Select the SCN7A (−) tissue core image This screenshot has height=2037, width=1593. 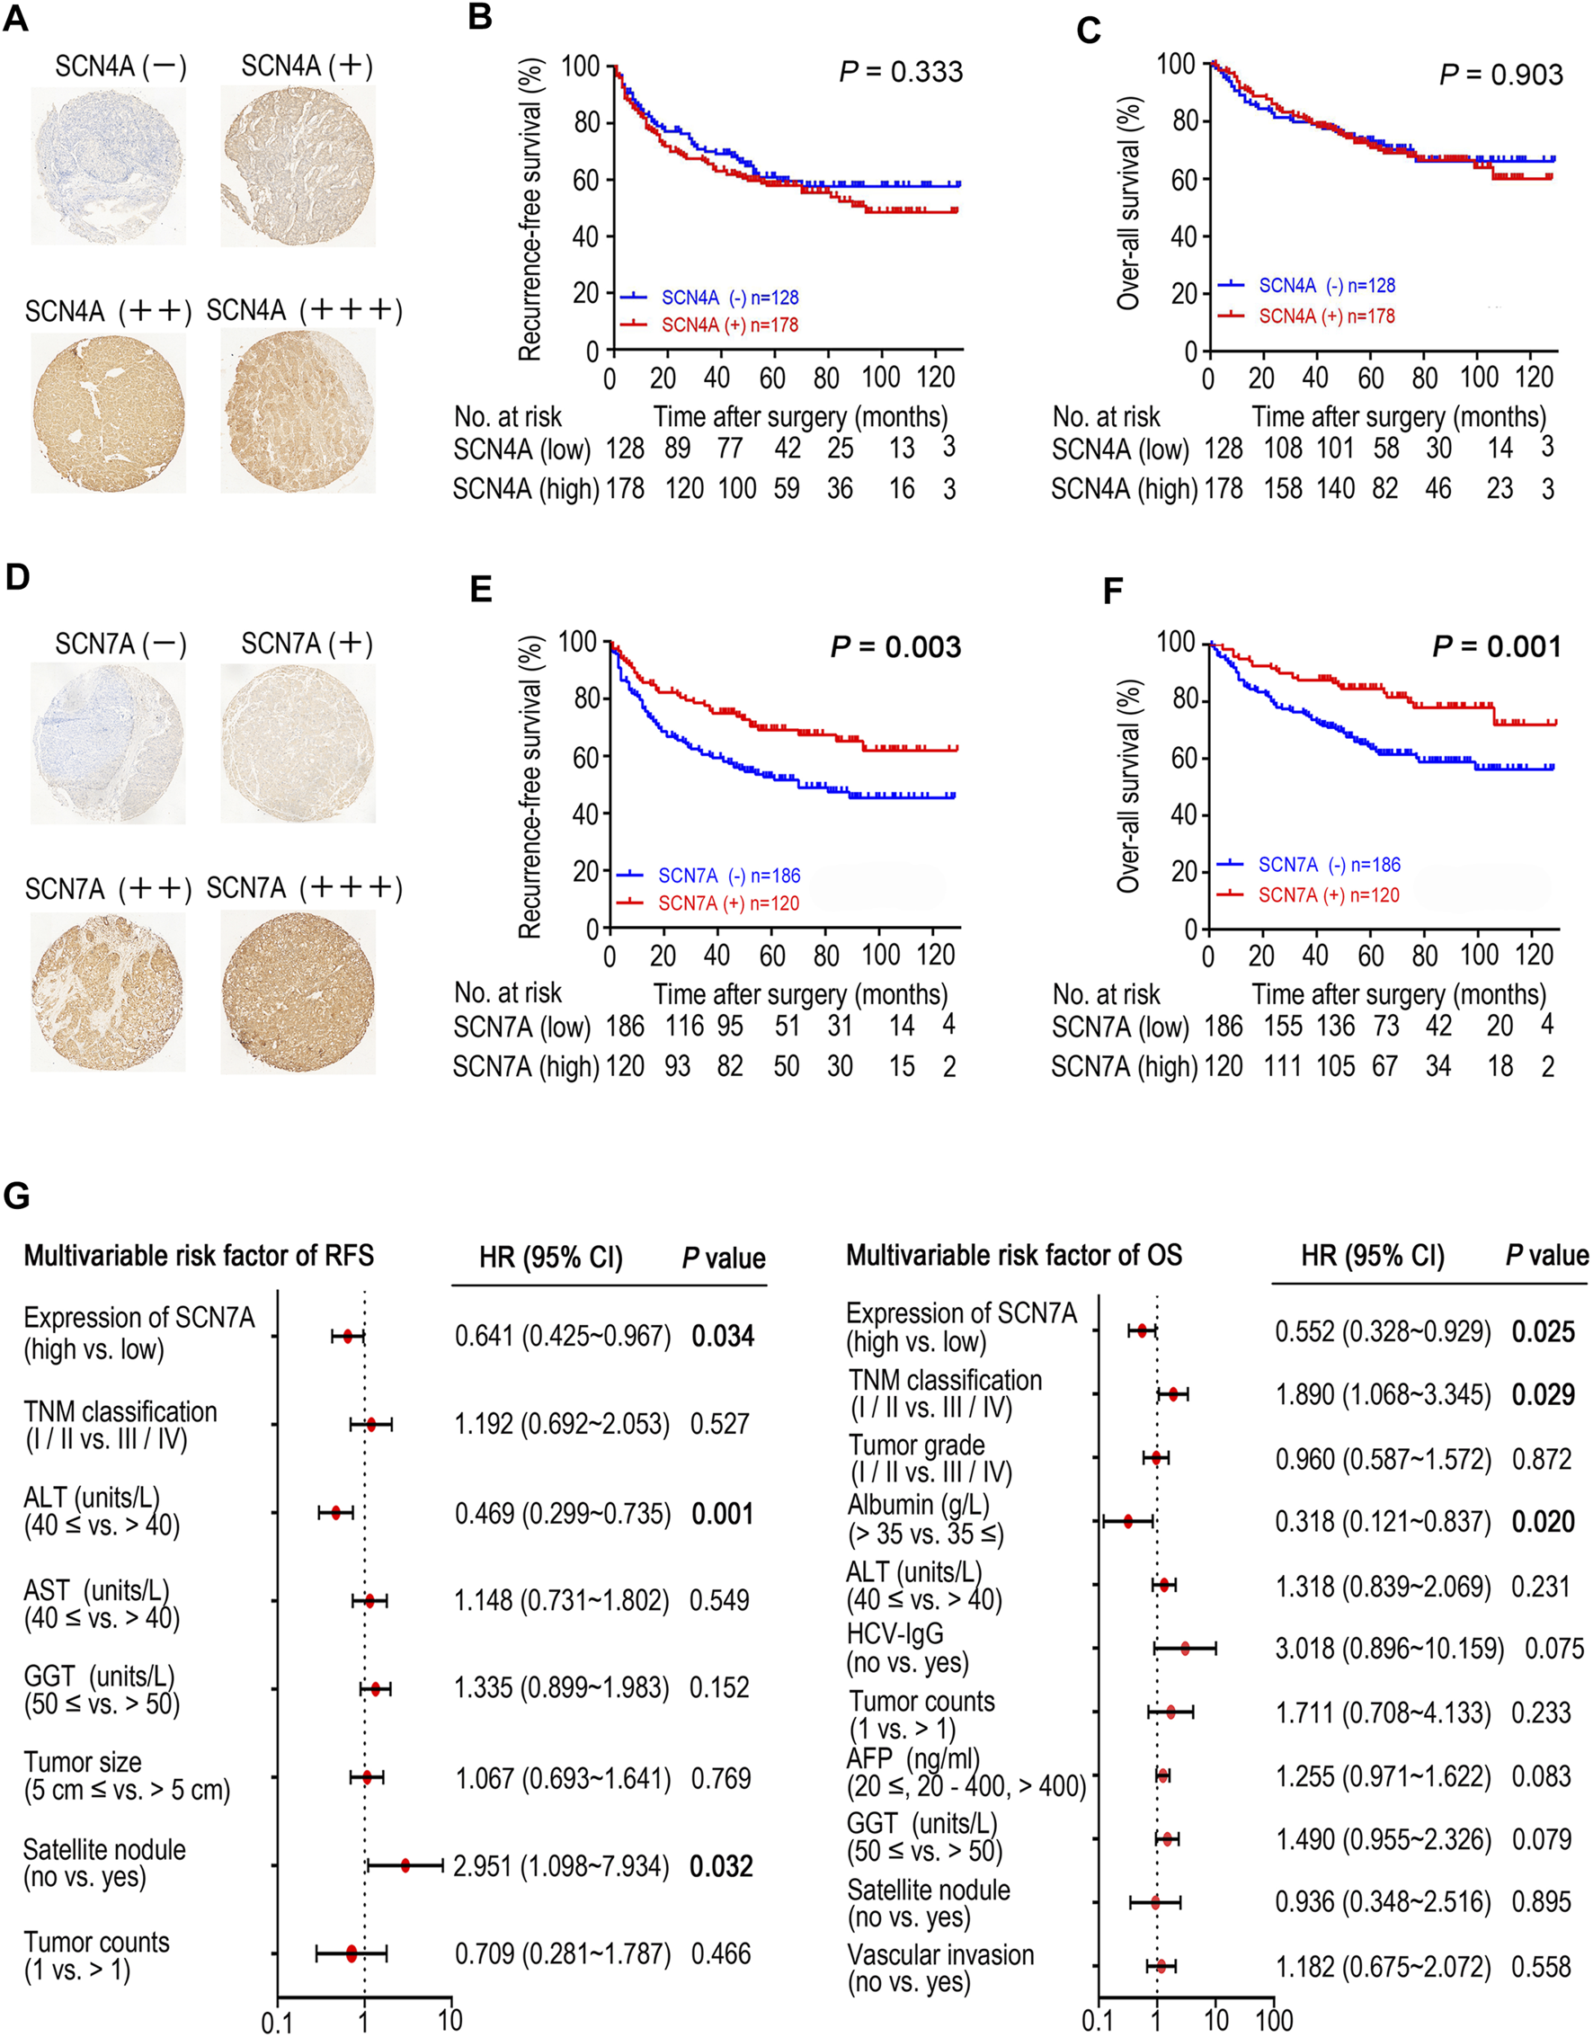(108, 744)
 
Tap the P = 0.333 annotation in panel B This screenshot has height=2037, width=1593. (901, 72)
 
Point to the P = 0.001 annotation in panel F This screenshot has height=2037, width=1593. (1496, 646)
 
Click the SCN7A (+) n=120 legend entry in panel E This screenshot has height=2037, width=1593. (728, 903)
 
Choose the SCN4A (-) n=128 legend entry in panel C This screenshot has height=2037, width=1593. (1326, 285)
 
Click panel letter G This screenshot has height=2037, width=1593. (17, 1196)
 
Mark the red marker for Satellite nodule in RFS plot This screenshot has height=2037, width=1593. (405, 1864)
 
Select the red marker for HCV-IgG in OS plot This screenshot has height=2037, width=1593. (1185, 1648)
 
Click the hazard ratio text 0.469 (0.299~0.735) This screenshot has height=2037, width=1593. (563, 1513)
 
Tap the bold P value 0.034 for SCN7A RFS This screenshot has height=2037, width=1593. (722, 1337)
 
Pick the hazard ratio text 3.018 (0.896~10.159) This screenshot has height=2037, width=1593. (1390, 1648)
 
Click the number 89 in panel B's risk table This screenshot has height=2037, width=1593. (677, 449)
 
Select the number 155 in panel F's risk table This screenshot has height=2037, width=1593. (1283, 1026)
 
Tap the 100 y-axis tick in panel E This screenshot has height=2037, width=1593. (578, 642)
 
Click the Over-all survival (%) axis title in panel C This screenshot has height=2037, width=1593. (1128, 202)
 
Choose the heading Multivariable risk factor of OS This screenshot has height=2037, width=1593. (1014, 1256)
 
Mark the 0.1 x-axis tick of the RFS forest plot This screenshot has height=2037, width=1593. (277, 2021)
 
